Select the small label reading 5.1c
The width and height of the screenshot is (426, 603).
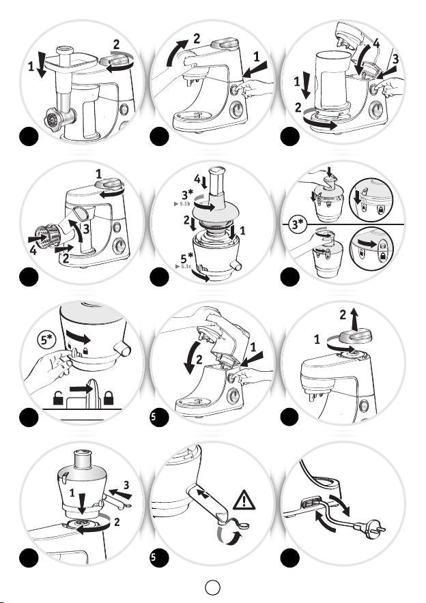point(183,266)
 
